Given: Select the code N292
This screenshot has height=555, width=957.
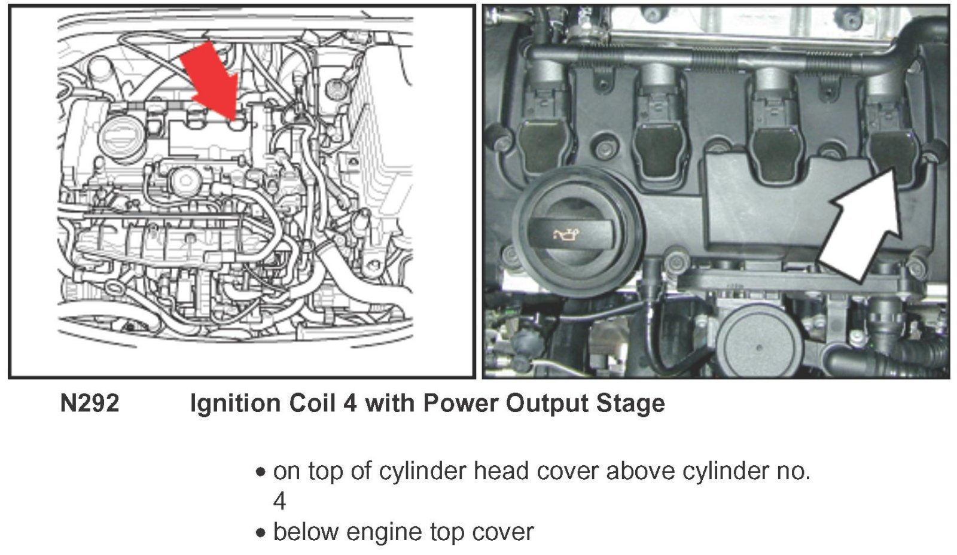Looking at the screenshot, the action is [90, 404].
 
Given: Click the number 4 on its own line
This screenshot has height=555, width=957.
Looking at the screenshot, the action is [279, 501].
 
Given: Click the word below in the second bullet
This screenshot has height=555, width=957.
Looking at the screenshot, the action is [306, 532].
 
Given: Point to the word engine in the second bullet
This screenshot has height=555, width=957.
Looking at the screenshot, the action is [384, 532].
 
